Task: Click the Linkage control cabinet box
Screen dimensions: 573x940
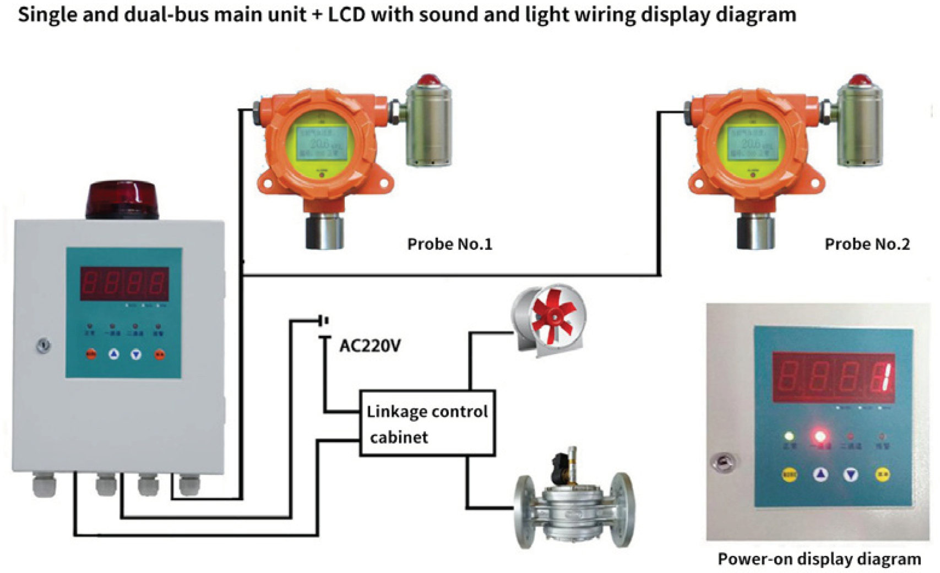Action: (427, 423)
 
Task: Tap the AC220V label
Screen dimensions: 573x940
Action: (370, 346)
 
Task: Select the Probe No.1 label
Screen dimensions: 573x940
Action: (449, 244)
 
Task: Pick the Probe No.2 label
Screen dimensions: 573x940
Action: (867, 244)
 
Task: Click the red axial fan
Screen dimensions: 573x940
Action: (551, 319)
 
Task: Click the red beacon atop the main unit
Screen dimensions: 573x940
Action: (122, 199)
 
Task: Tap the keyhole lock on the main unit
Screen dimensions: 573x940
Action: (44, 346)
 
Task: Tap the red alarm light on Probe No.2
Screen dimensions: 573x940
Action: (859, 80)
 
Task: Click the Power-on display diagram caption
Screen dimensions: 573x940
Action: (819, 559)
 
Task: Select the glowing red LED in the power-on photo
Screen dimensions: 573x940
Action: (819, 437)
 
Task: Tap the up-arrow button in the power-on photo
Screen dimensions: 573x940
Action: (821, 474)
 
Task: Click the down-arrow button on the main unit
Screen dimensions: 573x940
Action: (136, 355)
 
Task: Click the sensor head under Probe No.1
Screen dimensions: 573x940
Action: (324, 231)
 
